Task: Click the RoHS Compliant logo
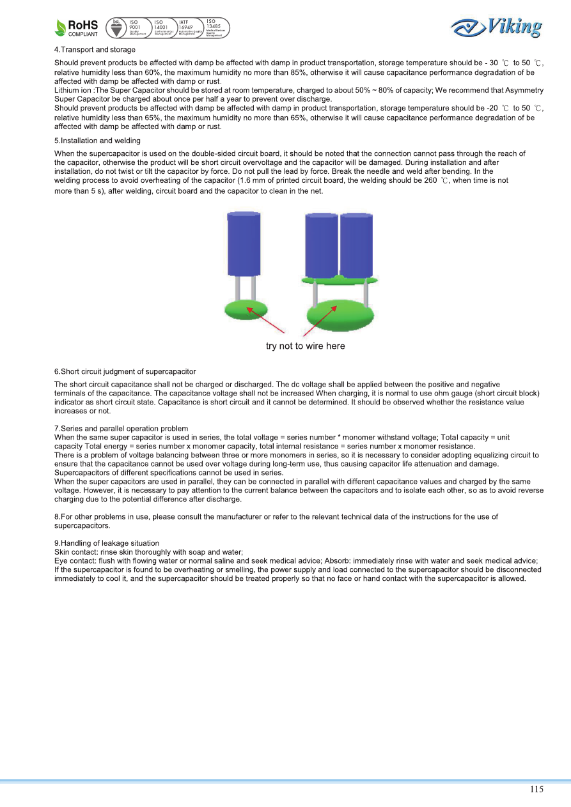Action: click(x=77, y=27)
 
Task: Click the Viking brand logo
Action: click(x=496, y=27)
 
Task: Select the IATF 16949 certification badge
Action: click(x=191, y=27)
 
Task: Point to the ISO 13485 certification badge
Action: click(x=215, y=27)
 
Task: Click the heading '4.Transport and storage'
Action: click(x=95, y=49)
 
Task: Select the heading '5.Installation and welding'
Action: click(x=97, y=141)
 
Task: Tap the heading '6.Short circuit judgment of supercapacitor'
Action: click(x=125, y=371)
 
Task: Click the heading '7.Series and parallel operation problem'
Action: click(x=121, y=428)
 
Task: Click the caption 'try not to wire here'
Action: click(x=305, y=346)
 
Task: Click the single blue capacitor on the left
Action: click(x=244, y=245)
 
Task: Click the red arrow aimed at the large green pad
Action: click(x=318, y=321)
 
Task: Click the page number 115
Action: click(x=536, y=789)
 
